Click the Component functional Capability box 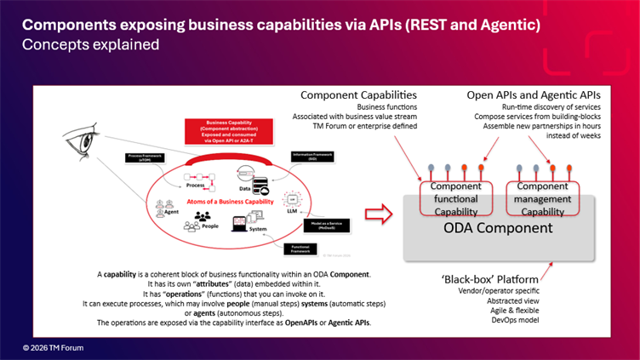coord(457,198)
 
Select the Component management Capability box coord(543,198)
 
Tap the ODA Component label coord(497,228)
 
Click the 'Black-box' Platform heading coord(486,278)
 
